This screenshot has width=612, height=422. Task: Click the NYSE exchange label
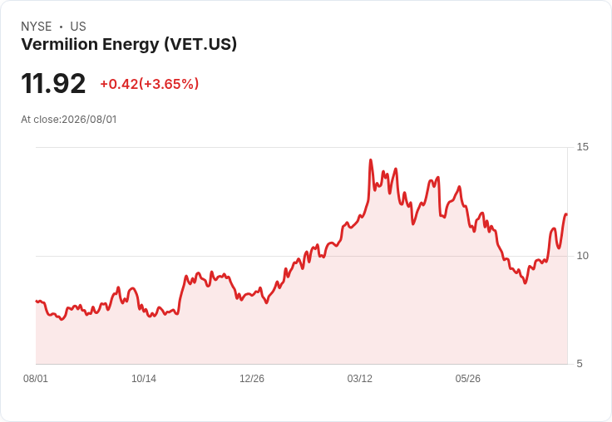pos(37,27)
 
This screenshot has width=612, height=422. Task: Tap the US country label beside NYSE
pos(78,27)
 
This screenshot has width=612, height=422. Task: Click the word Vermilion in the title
pos(59,44)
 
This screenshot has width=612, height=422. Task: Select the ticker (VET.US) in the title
pos(200,45)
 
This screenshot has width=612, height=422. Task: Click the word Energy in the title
pos(131,45)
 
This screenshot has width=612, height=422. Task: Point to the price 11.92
pos(53,83)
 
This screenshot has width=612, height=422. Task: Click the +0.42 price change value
pos(119,84)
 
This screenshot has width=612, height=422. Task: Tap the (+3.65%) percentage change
pos(169,84)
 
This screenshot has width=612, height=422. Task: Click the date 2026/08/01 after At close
pos(89,120)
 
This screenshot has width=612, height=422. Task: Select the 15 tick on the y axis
pos(582,147)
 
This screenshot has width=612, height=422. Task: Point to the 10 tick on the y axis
pos(582,256)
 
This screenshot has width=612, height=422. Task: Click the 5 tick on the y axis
pos(580,364)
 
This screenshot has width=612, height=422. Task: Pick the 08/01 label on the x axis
pos(36,379)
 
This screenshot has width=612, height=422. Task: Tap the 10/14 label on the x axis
pos(144,379)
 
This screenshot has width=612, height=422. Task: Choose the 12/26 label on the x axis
pos(252,379)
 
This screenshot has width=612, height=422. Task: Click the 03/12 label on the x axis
pos(360,379)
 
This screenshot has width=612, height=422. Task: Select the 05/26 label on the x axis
pos(468,379)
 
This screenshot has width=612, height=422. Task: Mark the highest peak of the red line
pos(370,159)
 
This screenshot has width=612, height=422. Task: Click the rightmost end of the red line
pos(566,214)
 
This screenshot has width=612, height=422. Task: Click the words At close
pos(40,120)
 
